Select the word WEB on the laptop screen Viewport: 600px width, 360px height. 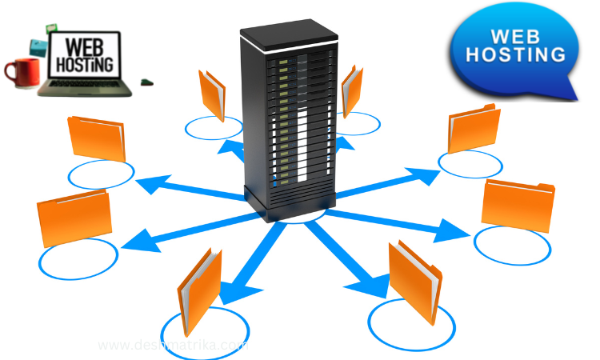(82, 43)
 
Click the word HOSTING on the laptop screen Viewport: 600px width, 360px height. (83, 62)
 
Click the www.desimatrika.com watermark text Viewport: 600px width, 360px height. (172, 346)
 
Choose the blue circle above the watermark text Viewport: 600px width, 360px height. (205, 328)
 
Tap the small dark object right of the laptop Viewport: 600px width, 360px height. (146, 81)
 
